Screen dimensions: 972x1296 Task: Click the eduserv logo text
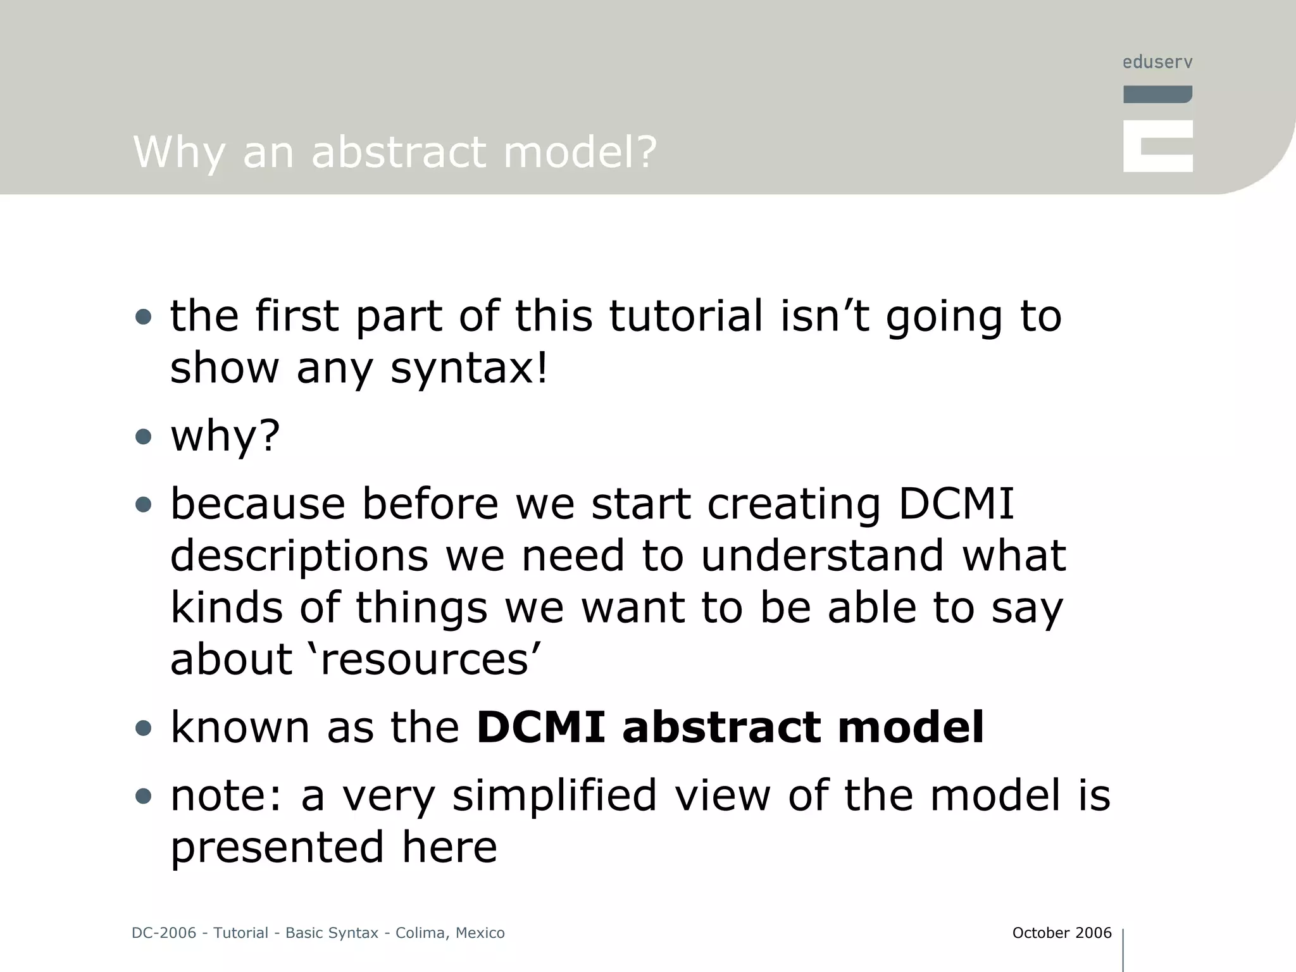click(x=1157, y=62)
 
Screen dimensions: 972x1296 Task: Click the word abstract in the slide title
click(x=399, y=153)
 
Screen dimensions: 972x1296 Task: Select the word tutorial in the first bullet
click(x=685, y=316)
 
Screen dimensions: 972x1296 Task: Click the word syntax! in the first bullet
click(x=468, y=368)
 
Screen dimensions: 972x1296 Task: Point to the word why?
click(x=225, y=436)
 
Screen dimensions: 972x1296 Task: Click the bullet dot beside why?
click(x=144, y=437)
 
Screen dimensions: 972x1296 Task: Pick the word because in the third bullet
click(x=258, y=504)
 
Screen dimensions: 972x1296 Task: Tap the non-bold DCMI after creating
click(x=956, y=504)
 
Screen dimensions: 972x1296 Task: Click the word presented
click(x=277, y=847)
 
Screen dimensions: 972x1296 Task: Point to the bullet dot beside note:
click(x=144, y=796)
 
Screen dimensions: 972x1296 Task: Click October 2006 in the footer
click(x=1061, y=933)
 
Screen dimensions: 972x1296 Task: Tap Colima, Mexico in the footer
click(x=450, y=933)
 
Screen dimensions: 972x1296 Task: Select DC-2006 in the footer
click(x=164, y=933)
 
